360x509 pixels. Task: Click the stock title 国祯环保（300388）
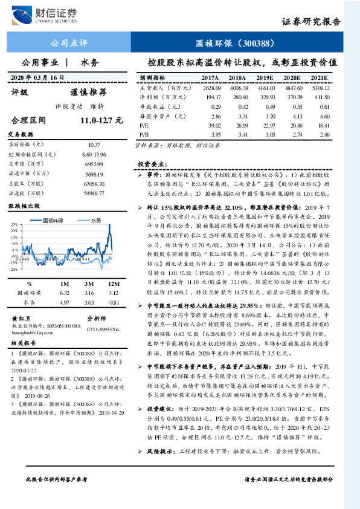tap(236, 44)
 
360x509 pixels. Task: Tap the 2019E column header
tap(265, 78)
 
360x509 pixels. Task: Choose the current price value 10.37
tap(94, 145)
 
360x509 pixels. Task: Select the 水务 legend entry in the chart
tap(95, 221)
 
